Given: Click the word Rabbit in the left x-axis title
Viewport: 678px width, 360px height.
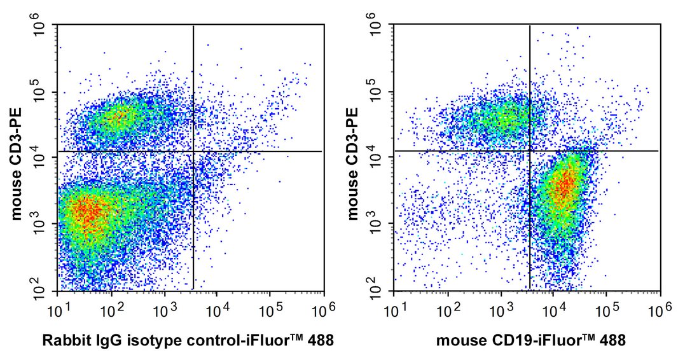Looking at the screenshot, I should (62, 341).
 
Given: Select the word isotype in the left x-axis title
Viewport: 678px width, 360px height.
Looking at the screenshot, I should (141, 341).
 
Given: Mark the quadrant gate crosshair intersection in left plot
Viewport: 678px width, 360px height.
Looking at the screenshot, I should (193, 151).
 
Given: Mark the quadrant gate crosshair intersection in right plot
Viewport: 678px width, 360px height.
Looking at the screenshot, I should (530, 151).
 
